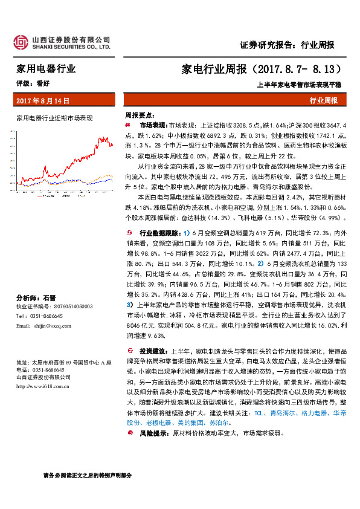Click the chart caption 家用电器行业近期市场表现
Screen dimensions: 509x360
coord(54,117)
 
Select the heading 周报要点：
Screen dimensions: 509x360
coord(140,114)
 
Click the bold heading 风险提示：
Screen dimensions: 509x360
coord(153,433)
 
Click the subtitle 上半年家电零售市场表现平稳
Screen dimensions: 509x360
coord(300,84)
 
